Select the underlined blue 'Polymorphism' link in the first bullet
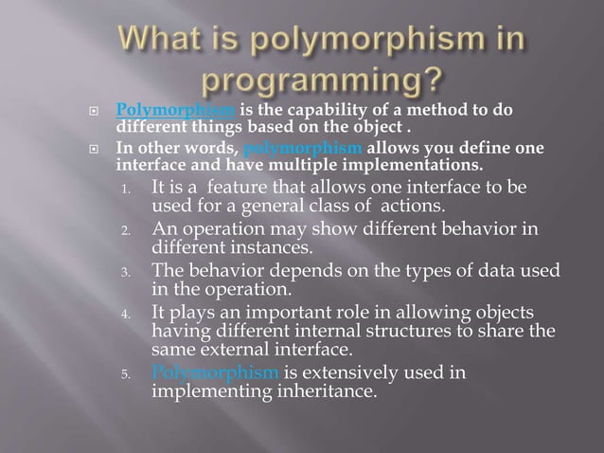click(x=169, y=110)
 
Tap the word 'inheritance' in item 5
click(x=326, y=391)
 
